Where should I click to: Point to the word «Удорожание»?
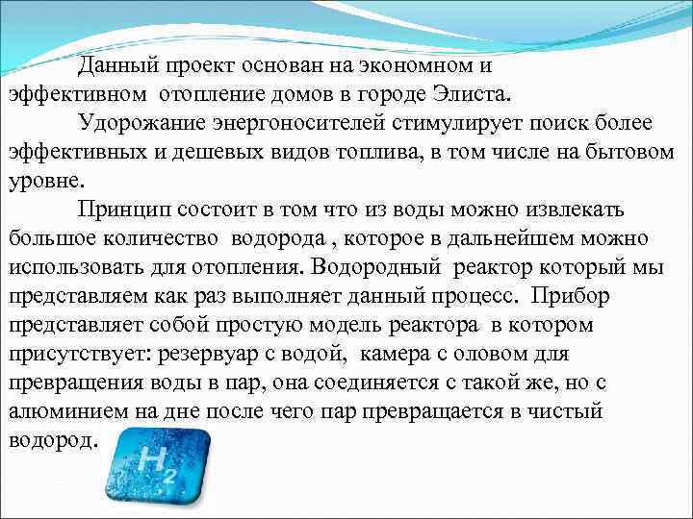145,124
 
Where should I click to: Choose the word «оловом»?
500,353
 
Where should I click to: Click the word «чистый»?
566,410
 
